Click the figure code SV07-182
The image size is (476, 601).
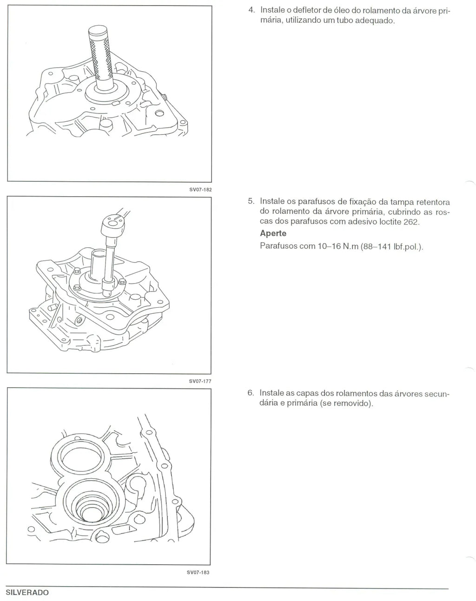[x=200, y=190]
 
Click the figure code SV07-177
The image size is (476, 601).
[x=200, y=381]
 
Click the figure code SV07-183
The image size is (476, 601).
[x=198, y=572]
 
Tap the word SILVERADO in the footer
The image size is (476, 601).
[x=27, y=592]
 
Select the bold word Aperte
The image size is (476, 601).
[x=273, y=233]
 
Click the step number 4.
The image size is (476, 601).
[x=251, y=10]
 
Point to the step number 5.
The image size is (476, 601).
[x=251, y=201]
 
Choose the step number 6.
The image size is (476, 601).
[x=251, y=393]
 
